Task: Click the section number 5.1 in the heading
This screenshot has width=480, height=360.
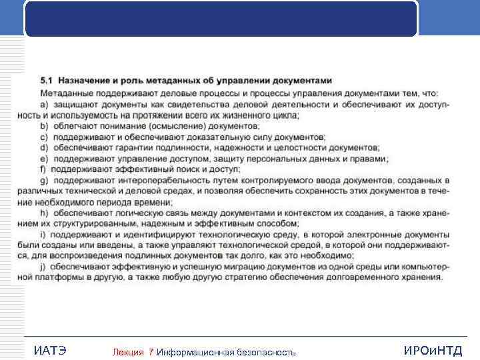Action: pos(47,81)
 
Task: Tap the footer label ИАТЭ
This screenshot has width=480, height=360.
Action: pos(49,351)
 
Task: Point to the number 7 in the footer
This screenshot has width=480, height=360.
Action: pos(151,352)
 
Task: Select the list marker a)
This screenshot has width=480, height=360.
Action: pos(45,105)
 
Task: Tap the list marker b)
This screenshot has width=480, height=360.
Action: pos(45,126)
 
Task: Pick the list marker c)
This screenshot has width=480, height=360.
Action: pos(45,137)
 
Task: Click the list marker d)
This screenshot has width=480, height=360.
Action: pos(45,147)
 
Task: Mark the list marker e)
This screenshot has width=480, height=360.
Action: pos(45,159)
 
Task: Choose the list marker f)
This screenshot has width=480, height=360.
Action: pos(44,169)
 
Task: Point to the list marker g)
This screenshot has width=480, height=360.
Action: pos(45,180)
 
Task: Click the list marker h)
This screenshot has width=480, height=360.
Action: pos(45,213)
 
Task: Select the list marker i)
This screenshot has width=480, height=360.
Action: pos(44,235)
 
